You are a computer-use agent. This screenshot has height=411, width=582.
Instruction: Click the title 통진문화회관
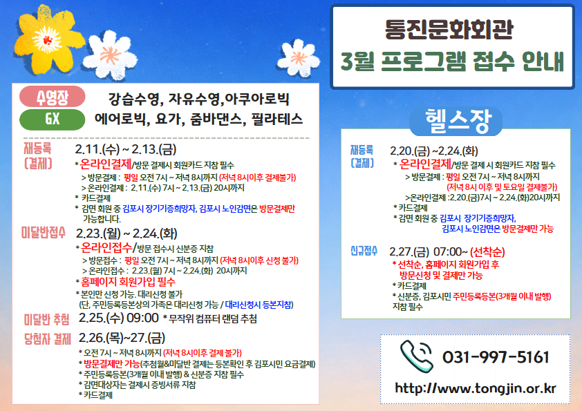tap(452, 30)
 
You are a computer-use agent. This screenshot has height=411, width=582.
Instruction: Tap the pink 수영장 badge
tap(52, 96)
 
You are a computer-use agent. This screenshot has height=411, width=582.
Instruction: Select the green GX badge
tap(52, 119)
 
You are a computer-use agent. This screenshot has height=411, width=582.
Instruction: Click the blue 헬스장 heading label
tap(453, 122)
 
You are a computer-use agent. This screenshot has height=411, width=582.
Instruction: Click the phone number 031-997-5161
tap(496, 357)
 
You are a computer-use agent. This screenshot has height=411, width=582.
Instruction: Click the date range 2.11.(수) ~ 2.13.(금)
tap(122, 149)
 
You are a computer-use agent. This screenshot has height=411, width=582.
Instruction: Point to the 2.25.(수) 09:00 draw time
tap(119, 318)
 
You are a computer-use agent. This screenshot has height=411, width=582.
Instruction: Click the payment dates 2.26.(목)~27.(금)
tap(122, 338)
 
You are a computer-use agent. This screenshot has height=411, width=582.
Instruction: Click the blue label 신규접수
tap(364, 250)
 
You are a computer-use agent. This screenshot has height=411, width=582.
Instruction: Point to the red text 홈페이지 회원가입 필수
tap(128, 282)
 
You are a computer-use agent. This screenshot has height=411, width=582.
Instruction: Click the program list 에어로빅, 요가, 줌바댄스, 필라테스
tap(198, 119)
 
